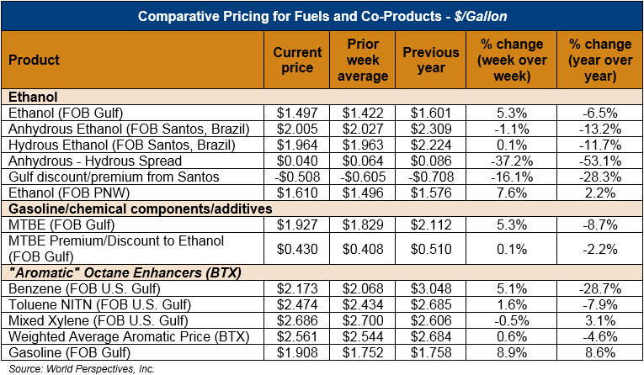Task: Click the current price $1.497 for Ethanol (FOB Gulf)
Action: (x=298, y=113)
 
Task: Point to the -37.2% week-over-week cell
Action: (x=510, y=161)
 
